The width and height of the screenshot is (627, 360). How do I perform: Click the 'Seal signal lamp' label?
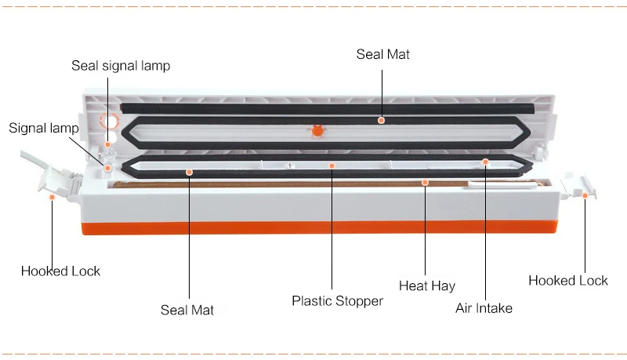(x=121, y=66)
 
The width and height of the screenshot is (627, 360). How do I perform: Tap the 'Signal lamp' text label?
(x=44, y=129)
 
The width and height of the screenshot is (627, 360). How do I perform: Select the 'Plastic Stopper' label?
(x=338, y=301)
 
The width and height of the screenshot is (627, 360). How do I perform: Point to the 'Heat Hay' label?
(x=427, y=286)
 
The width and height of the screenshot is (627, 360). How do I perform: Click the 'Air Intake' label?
(x=484, y=308)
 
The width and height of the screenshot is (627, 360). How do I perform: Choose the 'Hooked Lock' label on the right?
(x=567, y=281)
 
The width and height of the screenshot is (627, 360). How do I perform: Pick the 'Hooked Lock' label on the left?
(x=60, y=271)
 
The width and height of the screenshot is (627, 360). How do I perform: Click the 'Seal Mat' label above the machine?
(x=383, y=54)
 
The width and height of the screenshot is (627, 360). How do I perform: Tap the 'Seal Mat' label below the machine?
(x=187, y=310)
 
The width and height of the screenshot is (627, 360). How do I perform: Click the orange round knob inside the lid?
(x=317, y=131)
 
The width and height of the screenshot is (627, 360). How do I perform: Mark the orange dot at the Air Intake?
(x=485, y=162)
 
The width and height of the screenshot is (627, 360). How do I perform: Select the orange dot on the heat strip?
(x=425, y=183)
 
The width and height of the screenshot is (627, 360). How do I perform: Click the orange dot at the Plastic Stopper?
(x=332, y=165)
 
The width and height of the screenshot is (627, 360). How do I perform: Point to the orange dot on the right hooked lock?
(x=585, y=195)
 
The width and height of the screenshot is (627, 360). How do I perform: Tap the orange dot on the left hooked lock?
(x=52, y=197)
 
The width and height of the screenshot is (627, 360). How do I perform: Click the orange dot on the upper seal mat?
(x=382, y=121)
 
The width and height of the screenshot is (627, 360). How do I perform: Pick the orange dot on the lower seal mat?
(x=190, y=173)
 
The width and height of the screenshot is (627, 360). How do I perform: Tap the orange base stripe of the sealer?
(x=320, y=227)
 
